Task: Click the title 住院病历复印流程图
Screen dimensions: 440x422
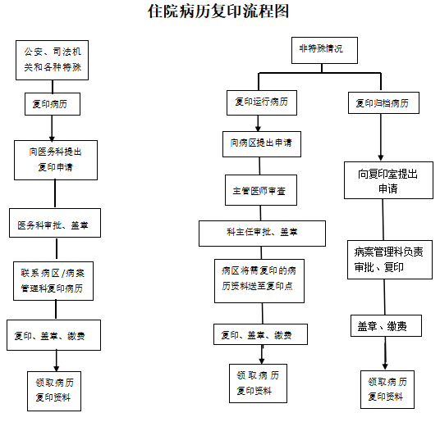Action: [218, 11]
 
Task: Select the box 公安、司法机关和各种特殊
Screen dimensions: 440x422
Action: [53, 60]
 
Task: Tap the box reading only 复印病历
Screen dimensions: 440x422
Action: [53, 104]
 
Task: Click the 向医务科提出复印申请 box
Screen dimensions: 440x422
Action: [56, 160]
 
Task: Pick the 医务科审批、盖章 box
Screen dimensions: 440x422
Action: [55, 223]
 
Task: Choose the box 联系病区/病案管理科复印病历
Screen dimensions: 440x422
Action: [53, 281]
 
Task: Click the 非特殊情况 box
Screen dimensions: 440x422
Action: [325, 51]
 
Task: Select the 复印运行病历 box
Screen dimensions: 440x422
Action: [262, 102]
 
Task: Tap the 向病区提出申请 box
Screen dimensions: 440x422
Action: [262, 144]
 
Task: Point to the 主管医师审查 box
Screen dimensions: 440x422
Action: [261, 190]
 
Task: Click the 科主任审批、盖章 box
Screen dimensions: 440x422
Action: [263, 234]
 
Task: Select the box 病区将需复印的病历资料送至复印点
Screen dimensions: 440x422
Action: [259, 281]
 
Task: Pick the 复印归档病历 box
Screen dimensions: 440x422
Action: [384, 102]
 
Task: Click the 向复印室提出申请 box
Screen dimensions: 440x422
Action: [388, 180]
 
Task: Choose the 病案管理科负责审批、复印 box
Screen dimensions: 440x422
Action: [390, 260]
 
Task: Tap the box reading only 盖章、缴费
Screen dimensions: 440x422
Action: [386, 325]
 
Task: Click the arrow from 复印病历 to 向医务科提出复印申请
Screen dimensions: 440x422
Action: [52, 128]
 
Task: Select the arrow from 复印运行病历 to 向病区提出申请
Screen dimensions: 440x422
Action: [258, 124]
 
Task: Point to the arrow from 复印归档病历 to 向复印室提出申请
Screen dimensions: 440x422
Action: [381, 138]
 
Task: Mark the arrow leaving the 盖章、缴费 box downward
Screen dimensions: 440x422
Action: [385, 353]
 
